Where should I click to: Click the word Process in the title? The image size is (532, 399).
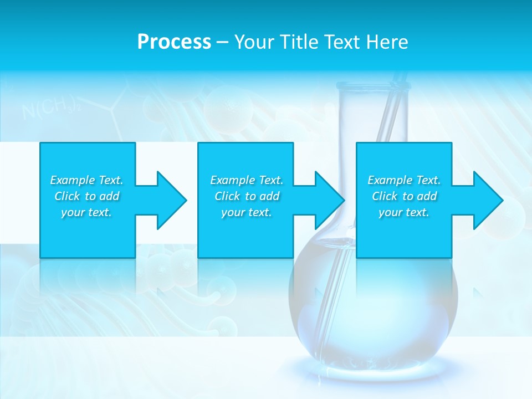(174, 42)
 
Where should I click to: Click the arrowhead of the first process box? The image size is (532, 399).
(170, 200)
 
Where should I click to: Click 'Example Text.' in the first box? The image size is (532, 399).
(86, 180)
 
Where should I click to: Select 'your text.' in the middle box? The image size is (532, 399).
(246, 212)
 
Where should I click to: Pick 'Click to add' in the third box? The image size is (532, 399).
(404, 196)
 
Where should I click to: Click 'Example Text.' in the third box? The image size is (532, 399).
(404, 180)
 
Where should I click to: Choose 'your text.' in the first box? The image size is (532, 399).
(86, 212)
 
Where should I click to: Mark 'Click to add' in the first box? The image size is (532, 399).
(86, 196)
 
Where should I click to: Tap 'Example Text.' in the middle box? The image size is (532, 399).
(246, 180)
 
